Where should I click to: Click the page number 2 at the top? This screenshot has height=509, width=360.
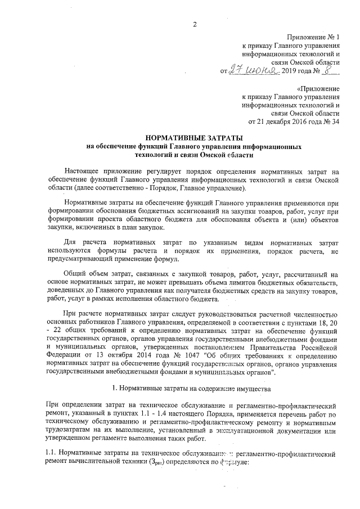[195, 24]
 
